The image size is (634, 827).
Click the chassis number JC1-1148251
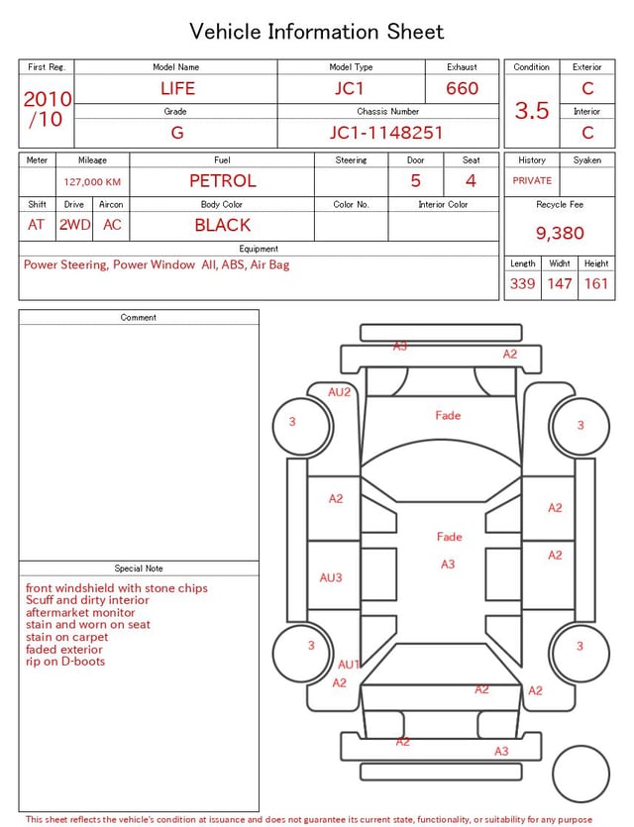tap(386, 133)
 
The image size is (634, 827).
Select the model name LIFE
tap(177, 88)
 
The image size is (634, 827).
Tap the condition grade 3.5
tap(532, 110)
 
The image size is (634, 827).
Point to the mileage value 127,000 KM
tap(92, 182)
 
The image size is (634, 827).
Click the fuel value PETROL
tap(223, 181)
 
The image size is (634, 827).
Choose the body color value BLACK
tap(223, 225)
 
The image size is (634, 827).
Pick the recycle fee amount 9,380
tap(560, 233)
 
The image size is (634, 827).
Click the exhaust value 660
tap(462, 88)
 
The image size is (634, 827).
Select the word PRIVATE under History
tap(532, 180)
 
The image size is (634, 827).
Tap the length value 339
tap(522, 283)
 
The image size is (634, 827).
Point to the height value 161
tap(596, 283)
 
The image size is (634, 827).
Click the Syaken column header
tap(587, 159)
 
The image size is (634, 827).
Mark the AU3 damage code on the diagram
tap(331, 577)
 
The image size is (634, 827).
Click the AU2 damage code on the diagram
tap(339, 392)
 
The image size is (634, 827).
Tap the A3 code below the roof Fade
tap(448, 565)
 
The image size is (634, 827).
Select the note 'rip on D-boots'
tap(65, 662)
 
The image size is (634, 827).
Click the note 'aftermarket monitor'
tap(80, 612)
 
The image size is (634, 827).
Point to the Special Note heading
tap(139, 569)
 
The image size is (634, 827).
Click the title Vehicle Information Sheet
tap(316, 31)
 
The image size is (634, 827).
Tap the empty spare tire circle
tap(581, 775)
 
